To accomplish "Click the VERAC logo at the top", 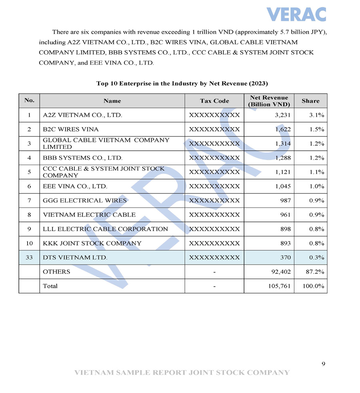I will tap(296, 14).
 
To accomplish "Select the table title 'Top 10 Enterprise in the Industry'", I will tap(182, 84).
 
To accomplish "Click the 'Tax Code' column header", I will tap(214, 101).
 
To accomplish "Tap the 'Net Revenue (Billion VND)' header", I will tap(269, 101).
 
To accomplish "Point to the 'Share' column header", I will tap(310, 101).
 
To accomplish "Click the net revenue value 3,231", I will tap(283, 115).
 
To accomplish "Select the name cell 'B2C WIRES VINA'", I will tap(71, 130).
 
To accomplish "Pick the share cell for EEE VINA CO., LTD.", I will tap(316, 186).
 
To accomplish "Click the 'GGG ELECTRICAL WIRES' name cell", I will tap(85, 201).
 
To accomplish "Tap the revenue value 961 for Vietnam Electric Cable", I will tap(285, 215).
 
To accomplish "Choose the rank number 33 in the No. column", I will tap(29, 257).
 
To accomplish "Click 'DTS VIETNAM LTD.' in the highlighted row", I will tap(75, 257).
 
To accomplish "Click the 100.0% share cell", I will tap(314, 286).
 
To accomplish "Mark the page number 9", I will tap(323, 363).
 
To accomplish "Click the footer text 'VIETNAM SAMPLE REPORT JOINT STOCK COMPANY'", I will tap(182, 373).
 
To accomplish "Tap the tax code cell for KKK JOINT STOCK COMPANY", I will tap(214, 243).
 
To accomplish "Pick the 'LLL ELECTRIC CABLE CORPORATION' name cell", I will tap(106, 229).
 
